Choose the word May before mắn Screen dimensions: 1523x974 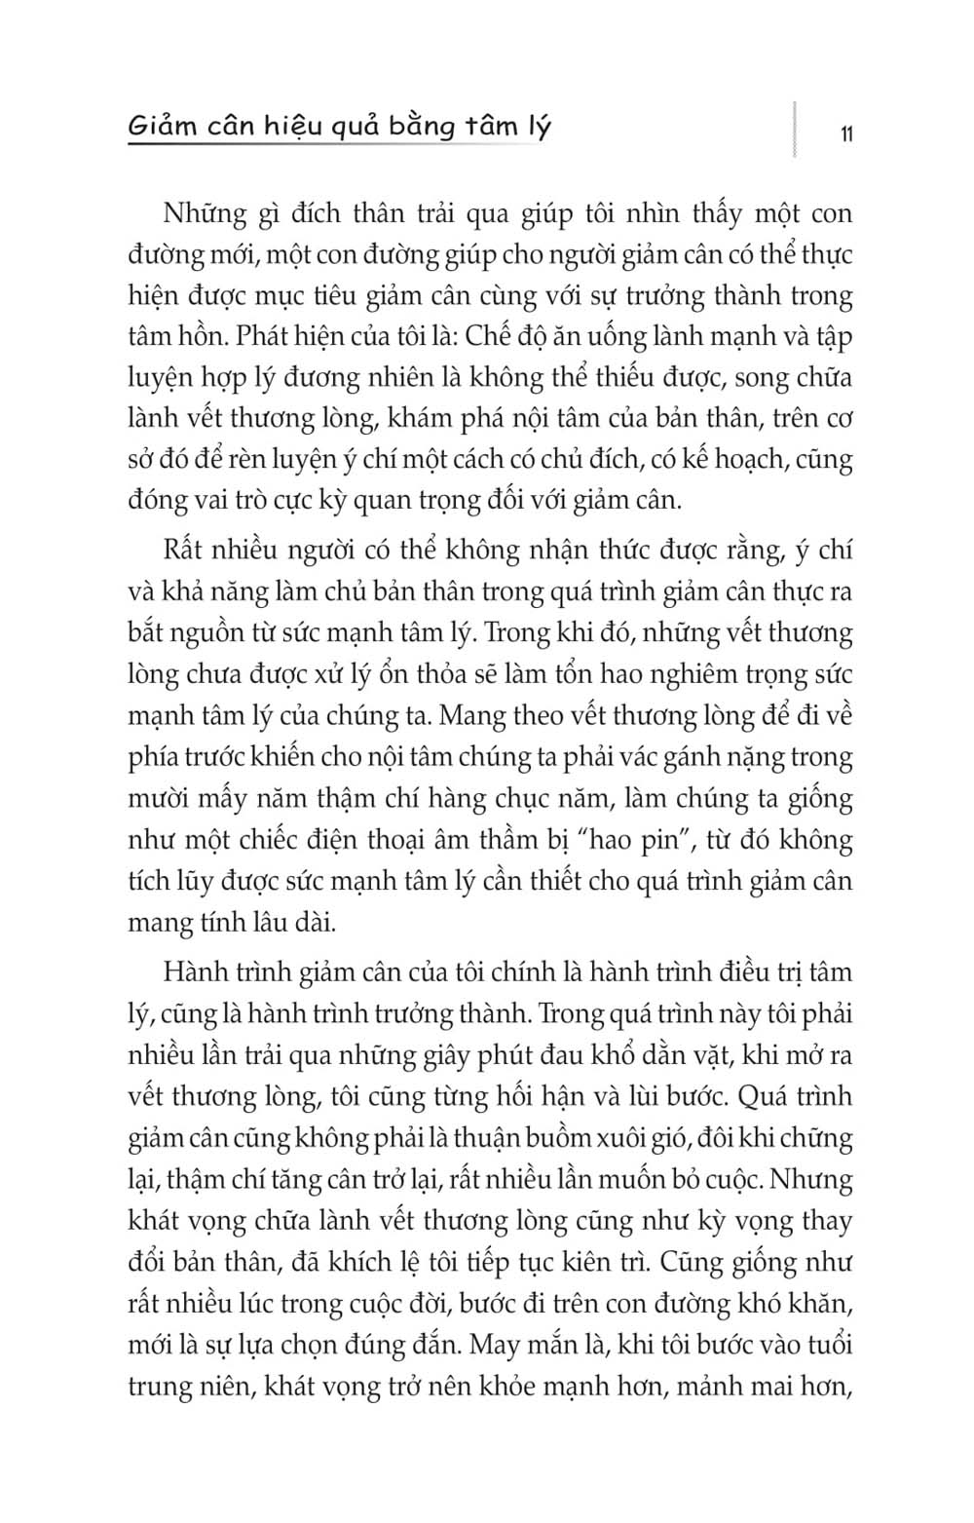[x=496, y=1346]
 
